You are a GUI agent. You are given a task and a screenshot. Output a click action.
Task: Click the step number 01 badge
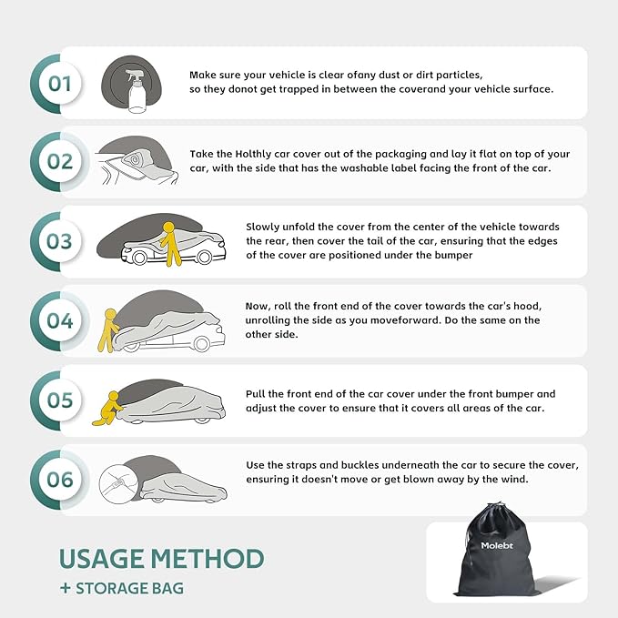click(x=60, y=84)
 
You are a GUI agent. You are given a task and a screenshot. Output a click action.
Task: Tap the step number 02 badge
click(x=60, y=162)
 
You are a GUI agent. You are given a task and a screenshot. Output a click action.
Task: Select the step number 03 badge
click(x=60, y=241)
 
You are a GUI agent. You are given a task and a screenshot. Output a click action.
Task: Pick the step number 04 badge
click(x=60, y=320)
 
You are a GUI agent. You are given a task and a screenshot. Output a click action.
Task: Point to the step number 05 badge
click(x=60, y=400)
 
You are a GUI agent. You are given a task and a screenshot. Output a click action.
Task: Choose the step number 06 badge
click(x=60, y=480)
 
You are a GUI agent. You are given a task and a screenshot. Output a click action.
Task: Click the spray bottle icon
click(x=137, y=91)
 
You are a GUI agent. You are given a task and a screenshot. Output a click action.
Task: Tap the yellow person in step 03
click(x=170, y=244)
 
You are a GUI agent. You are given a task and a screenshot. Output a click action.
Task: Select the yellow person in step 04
click(x=107, y=330)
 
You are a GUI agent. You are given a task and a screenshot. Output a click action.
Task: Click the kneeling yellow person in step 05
click(x=107, y=409)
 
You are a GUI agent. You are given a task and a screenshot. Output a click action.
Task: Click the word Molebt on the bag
click(x=497, y=545)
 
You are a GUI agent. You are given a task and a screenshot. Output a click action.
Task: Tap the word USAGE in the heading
click(x=101, y=559)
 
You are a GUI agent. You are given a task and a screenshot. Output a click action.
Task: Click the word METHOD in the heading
click(x=207, y=559)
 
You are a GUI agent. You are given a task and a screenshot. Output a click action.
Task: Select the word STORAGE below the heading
click(x=111, y=589)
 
